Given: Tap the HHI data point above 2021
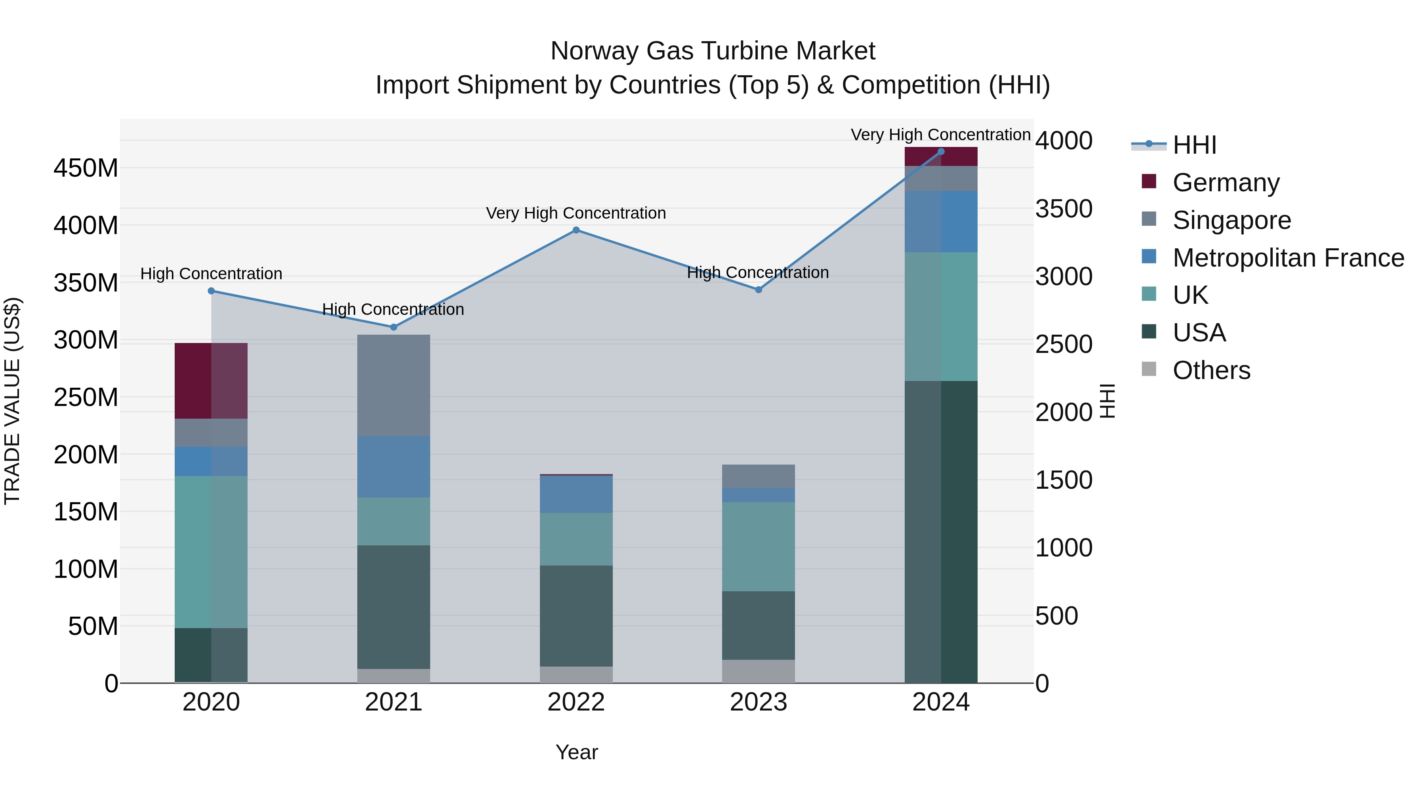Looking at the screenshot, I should click(394, 327).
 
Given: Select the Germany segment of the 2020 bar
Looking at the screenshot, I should click(211, 381).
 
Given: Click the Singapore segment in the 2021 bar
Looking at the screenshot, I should click(394, 385).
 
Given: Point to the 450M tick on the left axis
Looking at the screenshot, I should click(86, 168).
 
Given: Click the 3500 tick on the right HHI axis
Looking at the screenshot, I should click(1064, 209).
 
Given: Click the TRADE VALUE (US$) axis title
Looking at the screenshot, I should click(12, 401).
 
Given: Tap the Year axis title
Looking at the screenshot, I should click(576, 752).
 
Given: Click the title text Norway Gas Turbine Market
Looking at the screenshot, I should click(713, 51).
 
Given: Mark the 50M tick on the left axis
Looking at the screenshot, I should click(93, 626).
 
